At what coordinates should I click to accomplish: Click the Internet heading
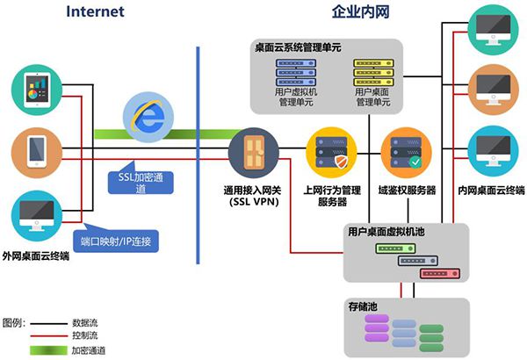coord(94,11)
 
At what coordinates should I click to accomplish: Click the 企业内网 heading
coord(362,11)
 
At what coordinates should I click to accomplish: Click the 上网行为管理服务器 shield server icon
coord(330,151)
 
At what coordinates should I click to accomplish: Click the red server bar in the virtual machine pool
coord(440,273)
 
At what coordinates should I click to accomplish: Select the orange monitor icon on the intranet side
coord(493,87)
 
